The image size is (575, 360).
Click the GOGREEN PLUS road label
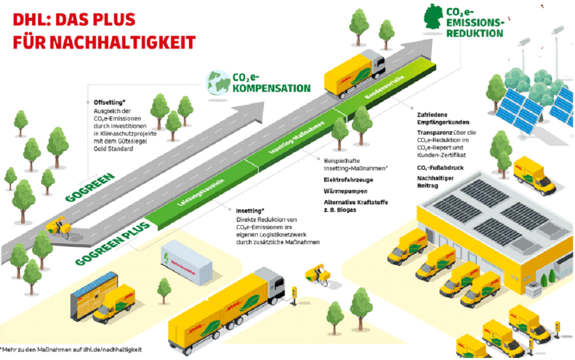coord(113,244)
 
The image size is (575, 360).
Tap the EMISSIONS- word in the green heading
coord(474,23)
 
